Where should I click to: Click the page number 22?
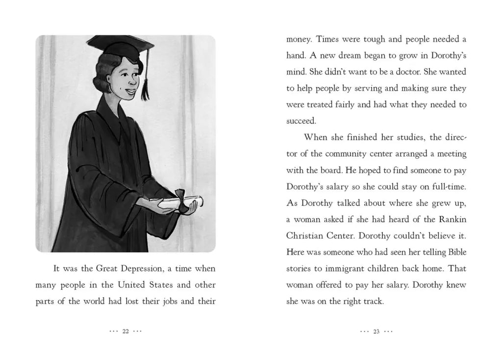125,332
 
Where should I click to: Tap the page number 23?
376,332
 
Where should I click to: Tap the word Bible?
456,252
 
